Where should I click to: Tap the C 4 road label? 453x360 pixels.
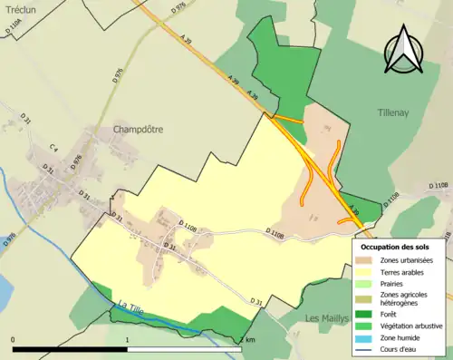[x=53, y=148]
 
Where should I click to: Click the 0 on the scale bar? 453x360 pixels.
[x=13, y=340]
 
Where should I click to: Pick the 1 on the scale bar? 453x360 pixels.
[x=127, y=340]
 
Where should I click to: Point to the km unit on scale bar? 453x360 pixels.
[x=249, y=340]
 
